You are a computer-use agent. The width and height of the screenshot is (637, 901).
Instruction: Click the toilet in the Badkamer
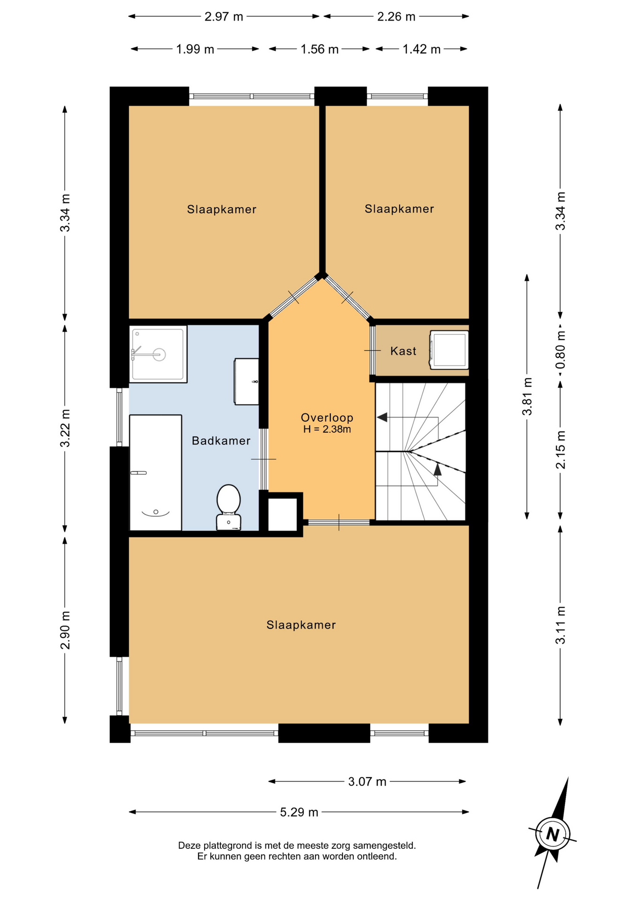[228, 507]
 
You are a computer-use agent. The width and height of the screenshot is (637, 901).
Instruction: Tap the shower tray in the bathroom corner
[158, 354]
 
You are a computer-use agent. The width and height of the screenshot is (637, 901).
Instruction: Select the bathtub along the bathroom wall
[155, 473]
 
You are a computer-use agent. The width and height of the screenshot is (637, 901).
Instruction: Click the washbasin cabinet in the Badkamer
[246, 382]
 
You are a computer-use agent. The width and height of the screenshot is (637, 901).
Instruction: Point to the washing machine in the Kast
[449, 350]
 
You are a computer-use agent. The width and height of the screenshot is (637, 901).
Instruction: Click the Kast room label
[403, 351]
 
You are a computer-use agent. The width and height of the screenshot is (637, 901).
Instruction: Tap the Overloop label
[327, 417]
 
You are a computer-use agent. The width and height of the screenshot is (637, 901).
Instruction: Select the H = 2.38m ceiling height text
[327, 429]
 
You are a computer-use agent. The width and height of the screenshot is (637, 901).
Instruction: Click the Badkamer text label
[221, 441]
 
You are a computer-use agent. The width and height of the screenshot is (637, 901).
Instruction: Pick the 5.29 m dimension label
[299, 812]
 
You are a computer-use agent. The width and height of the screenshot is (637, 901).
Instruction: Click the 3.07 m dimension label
[367, 781]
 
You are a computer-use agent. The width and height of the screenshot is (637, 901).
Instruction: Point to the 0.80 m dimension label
[561, 351]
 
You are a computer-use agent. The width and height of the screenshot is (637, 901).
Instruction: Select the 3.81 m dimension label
[527, 397]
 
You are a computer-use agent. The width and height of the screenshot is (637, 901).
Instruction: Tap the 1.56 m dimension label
[319, 49]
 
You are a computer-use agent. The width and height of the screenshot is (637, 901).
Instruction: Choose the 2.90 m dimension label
[65, 630]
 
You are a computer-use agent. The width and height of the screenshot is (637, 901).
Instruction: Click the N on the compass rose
[553, 834]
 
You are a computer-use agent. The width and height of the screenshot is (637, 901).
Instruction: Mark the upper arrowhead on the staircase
[382, 417]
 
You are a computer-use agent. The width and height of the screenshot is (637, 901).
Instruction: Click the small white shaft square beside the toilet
[282, 514]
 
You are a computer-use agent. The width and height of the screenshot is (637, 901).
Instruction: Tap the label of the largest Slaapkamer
[301, 625]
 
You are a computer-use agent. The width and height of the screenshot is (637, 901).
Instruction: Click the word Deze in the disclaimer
[189, 846]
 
